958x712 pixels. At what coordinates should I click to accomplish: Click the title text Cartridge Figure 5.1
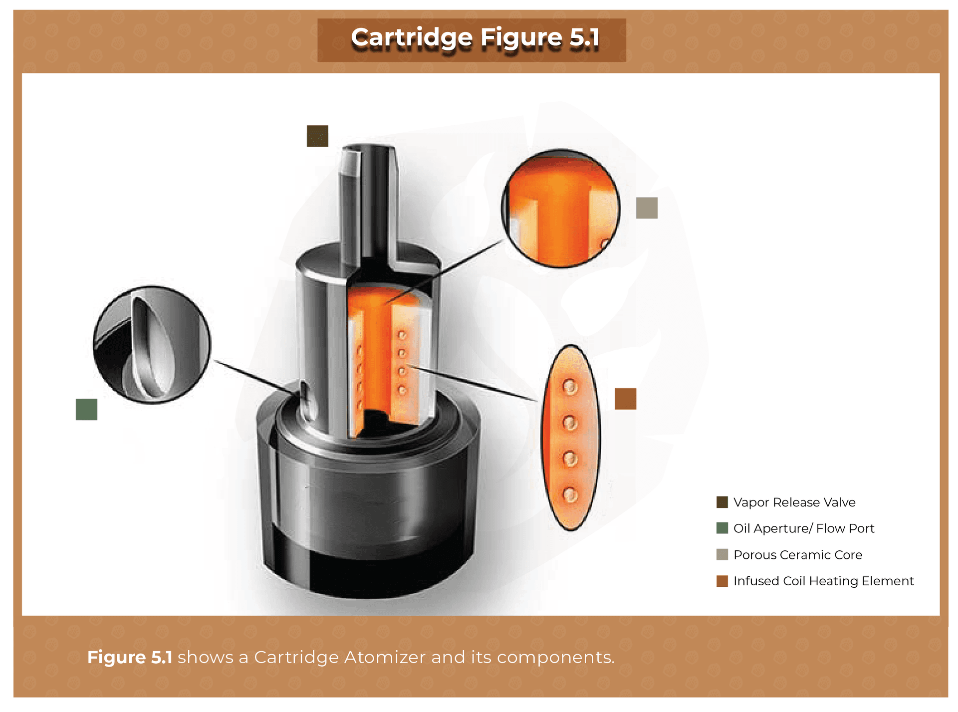(x=475, y=38)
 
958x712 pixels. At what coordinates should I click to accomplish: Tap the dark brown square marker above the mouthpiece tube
(x=317, y=136)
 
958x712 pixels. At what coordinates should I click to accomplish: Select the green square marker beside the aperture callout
(x=86, y=409)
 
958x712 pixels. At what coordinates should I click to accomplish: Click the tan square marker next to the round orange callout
(x=647, y=208)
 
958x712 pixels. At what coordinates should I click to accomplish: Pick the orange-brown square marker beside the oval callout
(x=625, y=399)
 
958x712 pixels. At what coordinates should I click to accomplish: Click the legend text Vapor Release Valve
(x=794, y=502)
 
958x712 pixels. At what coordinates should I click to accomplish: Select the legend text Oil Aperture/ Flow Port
(x=803, y=528)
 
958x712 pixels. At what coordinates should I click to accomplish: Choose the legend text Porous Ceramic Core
(x=797, y=554)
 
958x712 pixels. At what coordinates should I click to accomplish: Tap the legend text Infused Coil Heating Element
(x=823, y=581)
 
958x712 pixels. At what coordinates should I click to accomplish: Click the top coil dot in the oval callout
(x=570, y=387)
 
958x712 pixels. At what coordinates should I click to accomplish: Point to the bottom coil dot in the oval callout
(x=570, y=495)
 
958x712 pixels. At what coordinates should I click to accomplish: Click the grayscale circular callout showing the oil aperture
(x=152, y=344)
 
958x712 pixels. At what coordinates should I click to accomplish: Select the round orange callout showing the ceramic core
(x=561, y=208)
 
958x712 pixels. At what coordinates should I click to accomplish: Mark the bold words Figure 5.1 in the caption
(x=130, y=657)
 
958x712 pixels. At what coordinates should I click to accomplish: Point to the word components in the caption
(x=555, y=657)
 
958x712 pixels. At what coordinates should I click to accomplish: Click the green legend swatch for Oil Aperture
(x=722, y=528)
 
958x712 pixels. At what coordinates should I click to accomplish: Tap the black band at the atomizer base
(x=369, y=574)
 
